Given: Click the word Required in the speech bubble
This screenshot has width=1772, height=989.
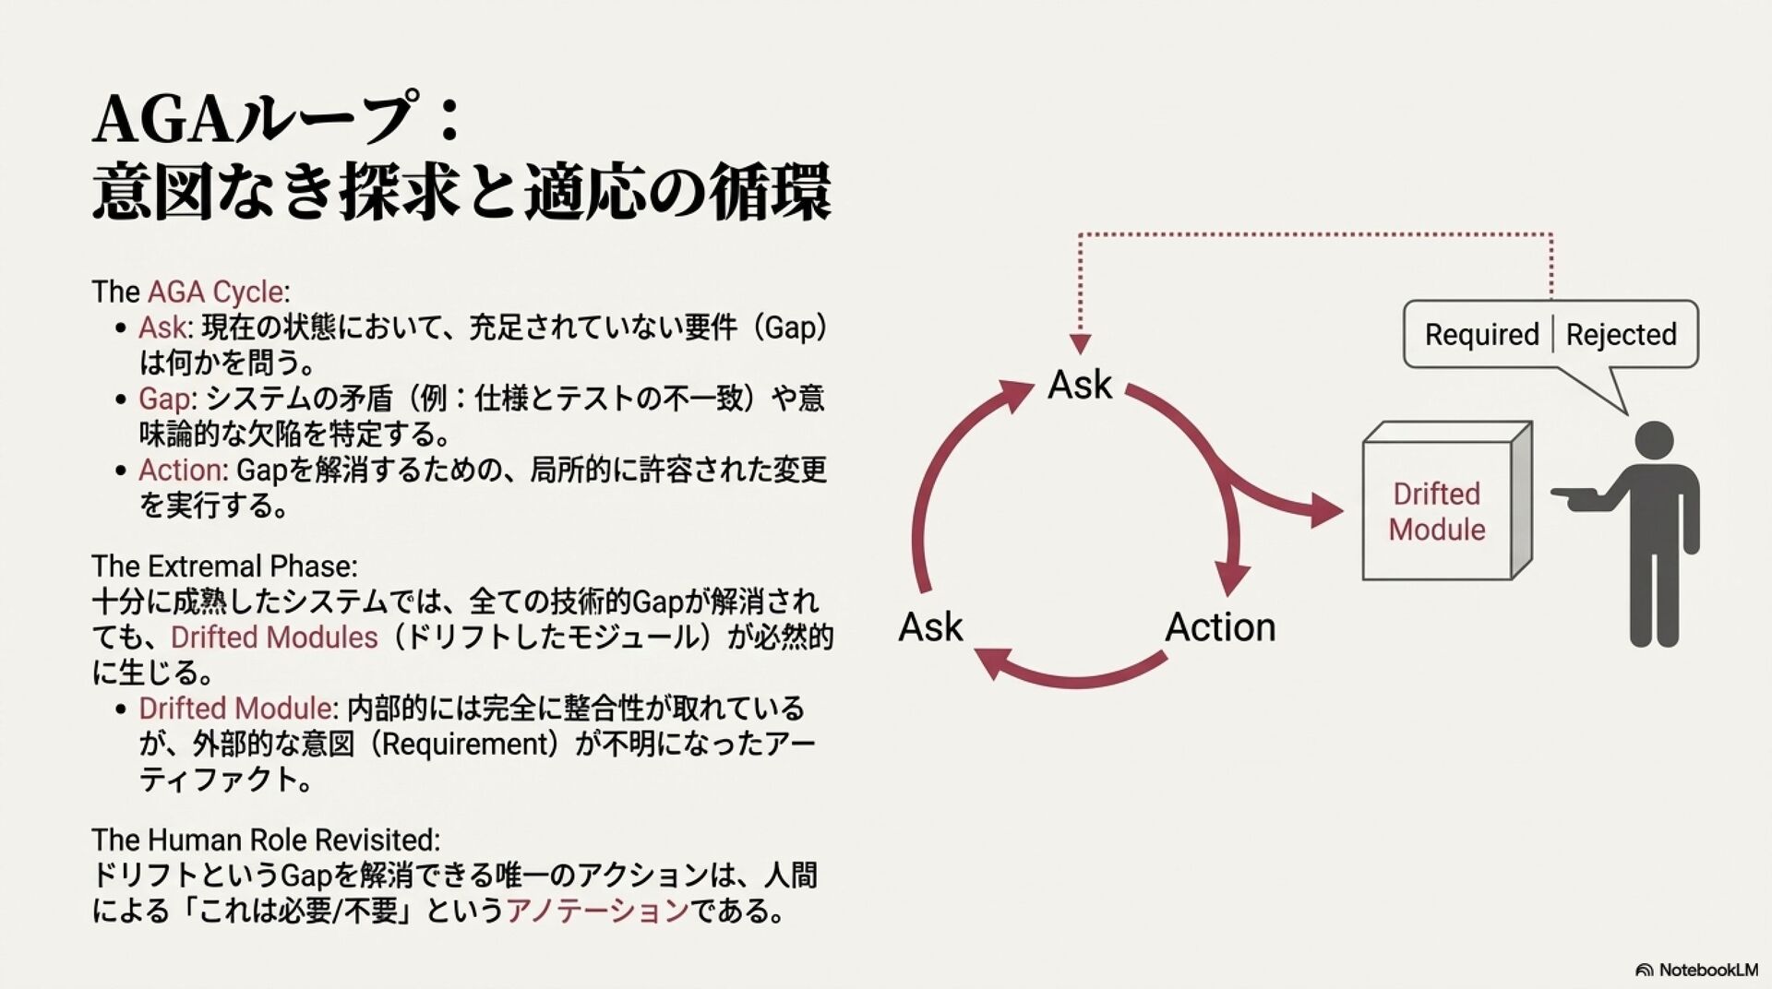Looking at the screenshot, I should pos(1481,334).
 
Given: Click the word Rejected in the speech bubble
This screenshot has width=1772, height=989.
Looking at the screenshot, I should pos(1621,334).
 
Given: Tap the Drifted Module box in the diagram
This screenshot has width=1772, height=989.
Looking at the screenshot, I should pos(1436,511).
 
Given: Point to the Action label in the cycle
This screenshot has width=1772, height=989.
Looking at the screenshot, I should pos(1220,627).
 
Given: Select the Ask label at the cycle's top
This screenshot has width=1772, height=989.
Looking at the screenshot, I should pos(1080,385).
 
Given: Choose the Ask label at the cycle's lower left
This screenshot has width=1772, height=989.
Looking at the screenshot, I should pos(930,627).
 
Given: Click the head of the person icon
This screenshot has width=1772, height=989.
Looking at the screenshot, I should pos(1653,441).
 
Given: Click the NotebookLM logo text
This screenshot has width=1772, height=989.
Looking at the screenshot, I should pos(1707,970).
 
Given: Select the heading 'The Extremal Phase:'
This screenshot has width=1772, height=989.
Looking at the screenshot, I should pos(224,566).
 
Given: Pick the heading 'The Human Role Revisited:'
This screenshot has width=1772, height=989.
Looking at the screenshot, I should pos(266,840).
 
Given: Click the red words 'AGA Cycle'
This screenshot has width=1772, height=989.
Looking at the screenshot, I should pos(215,292).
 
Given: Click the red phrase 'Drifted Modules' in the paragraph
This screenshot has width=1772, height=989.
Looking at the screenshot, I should pos(274,637).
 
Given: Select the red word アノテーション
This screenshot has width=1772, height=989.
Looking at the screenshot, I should pos(597,911).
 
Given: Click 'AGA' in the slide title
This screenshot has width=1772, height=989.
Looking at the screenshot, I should pos(162,120).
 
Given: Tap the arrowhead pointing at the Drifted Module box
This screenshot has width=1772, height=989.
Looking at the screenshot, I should pos(1325,510).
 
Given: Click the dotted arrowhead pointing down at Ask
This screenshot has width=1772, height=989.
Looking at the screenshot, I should pos(1080,344).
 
